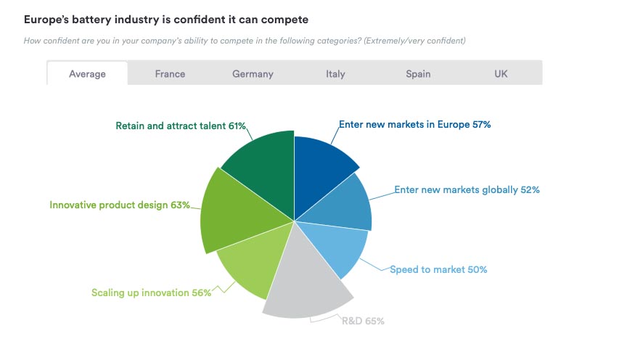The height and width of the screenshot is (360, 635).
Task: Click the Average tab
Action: [87, 73]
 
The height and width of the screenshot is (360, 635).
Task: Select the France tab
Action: [170, 73]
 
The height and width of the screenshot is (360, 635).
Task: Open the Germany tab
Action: [253, 73]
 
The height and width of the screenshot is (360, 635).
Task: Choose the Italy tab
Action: [335, 73]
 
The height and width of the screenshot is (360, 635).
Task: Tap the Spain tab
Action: [418, 73]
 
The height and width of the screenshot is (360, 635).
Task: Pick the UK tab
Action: [501, 73]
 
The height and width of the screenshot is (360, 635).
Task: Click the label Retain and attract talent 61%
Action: [181, 126]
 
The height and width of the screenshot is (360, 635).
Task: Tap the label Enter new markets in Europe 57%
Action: [415, 124]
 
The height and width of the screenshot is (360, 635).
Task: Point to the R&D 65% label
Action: [363, 320]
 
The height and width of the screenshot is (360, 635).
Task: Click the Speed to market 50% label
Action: [438, 269]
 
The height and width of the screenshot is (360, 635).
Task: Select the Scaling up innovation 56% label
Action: [151, 292]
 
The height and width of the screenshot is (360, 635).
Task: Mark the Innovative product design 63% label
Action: [119, 205]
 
